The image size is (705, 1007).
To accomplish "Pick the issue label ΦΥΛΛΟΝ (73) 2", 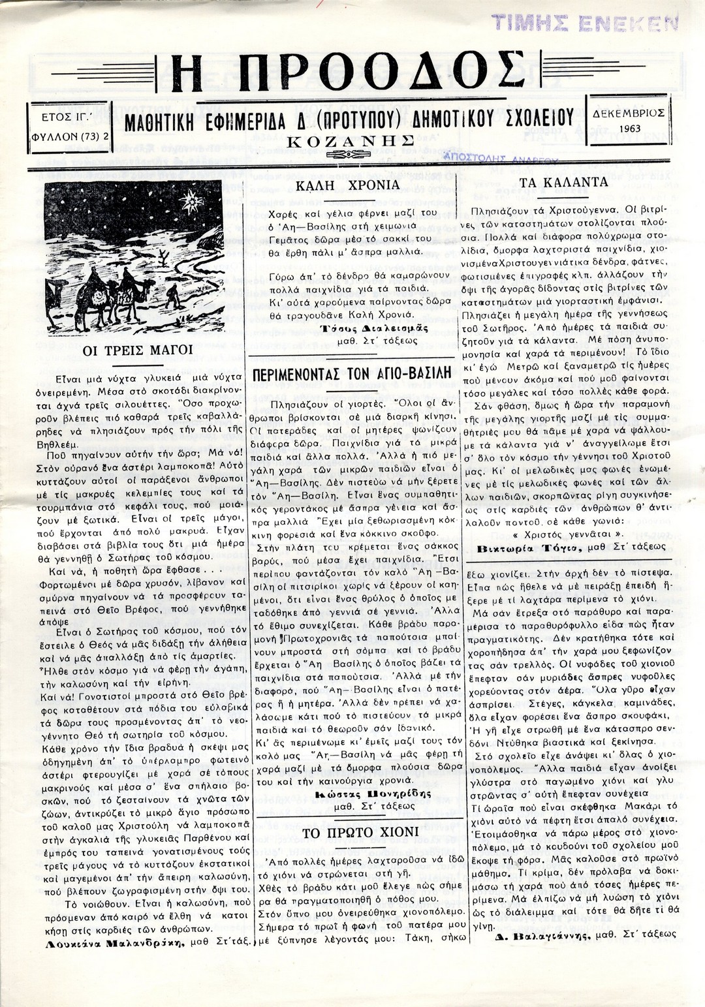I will [x=70, y=138].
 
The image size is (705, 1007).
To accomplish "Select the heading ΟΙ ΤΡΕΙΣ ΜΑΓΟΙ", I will [x=138, y=350].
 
